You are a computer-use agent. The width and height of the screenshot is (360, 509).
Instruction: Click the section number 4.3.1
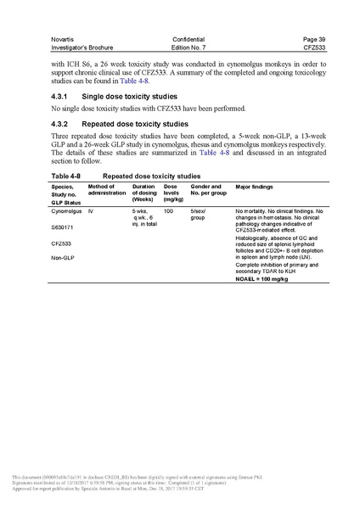(x=63, y=97)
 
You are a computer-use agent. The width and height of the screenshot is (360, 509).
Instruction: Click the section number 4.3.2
(x=63, y=125)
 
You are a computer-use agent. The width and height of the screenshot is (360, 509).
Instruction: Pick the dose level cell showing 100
(x=168, y=210)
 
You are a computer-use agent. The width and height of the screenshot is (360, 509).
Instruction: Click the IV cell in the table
(x=91, y=210)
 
